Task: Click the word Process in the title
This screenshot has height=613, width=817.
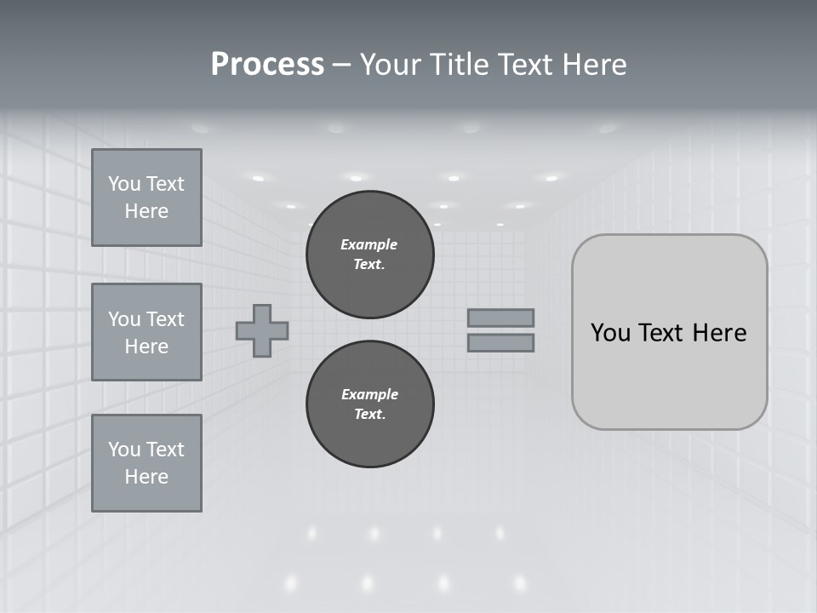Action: [267, 65]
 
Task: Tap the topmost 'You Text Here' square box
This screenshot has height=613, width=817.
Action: [146, 198]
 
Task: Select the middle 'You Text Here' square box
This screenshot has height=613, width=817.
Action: [146, 332]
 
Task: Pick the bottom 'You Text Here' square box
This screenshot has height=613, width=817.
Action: [146, 463]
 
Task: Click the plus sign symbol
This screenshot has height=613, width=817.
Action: [262, 330]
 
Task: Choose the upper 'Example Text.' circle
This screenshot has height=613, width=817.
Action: [369, 255]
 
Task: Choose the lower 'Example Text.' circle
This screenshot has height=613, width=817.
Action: [369, 404]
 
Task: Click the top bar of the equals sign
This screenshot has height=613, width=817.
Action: [500, 318]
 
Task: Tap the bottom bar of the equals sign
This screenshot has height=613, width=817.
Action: [500, 342]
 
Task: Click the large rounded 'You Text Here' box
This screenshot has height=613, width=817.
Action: [669, 332]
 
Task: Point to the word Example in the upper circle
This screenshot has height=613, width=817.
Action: [369, 244]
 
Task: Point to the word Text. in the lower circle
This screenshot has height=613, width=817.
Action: [369, 415]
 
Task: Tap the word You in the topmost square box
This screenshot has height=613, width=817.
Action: [123, 184]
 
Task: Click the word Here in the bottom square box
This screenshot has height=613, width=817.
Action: [146, 477]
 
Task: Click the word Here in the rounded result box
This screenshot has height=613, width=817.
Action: [720, 333]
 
